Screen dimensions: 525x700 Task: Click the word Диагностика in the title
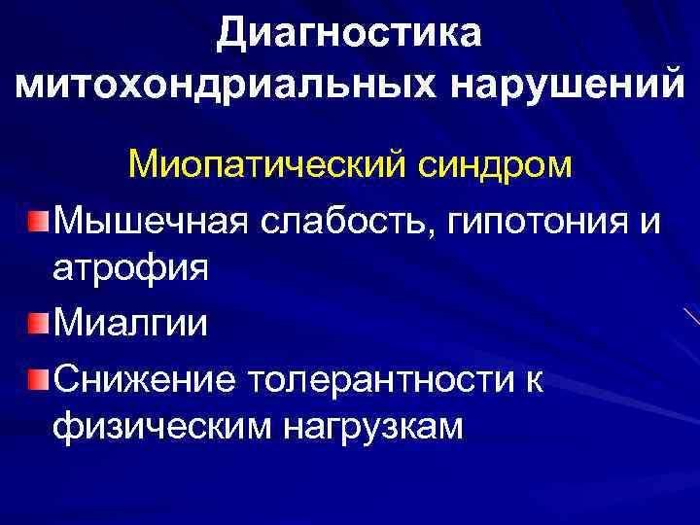click(349, 35)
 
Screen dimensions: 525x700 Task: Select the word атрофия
click(130, 266)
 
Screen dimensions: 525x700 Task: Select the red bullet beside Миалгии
click(37, 323)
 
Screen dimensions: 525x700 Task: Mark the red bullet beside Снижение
click(37, 375)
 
